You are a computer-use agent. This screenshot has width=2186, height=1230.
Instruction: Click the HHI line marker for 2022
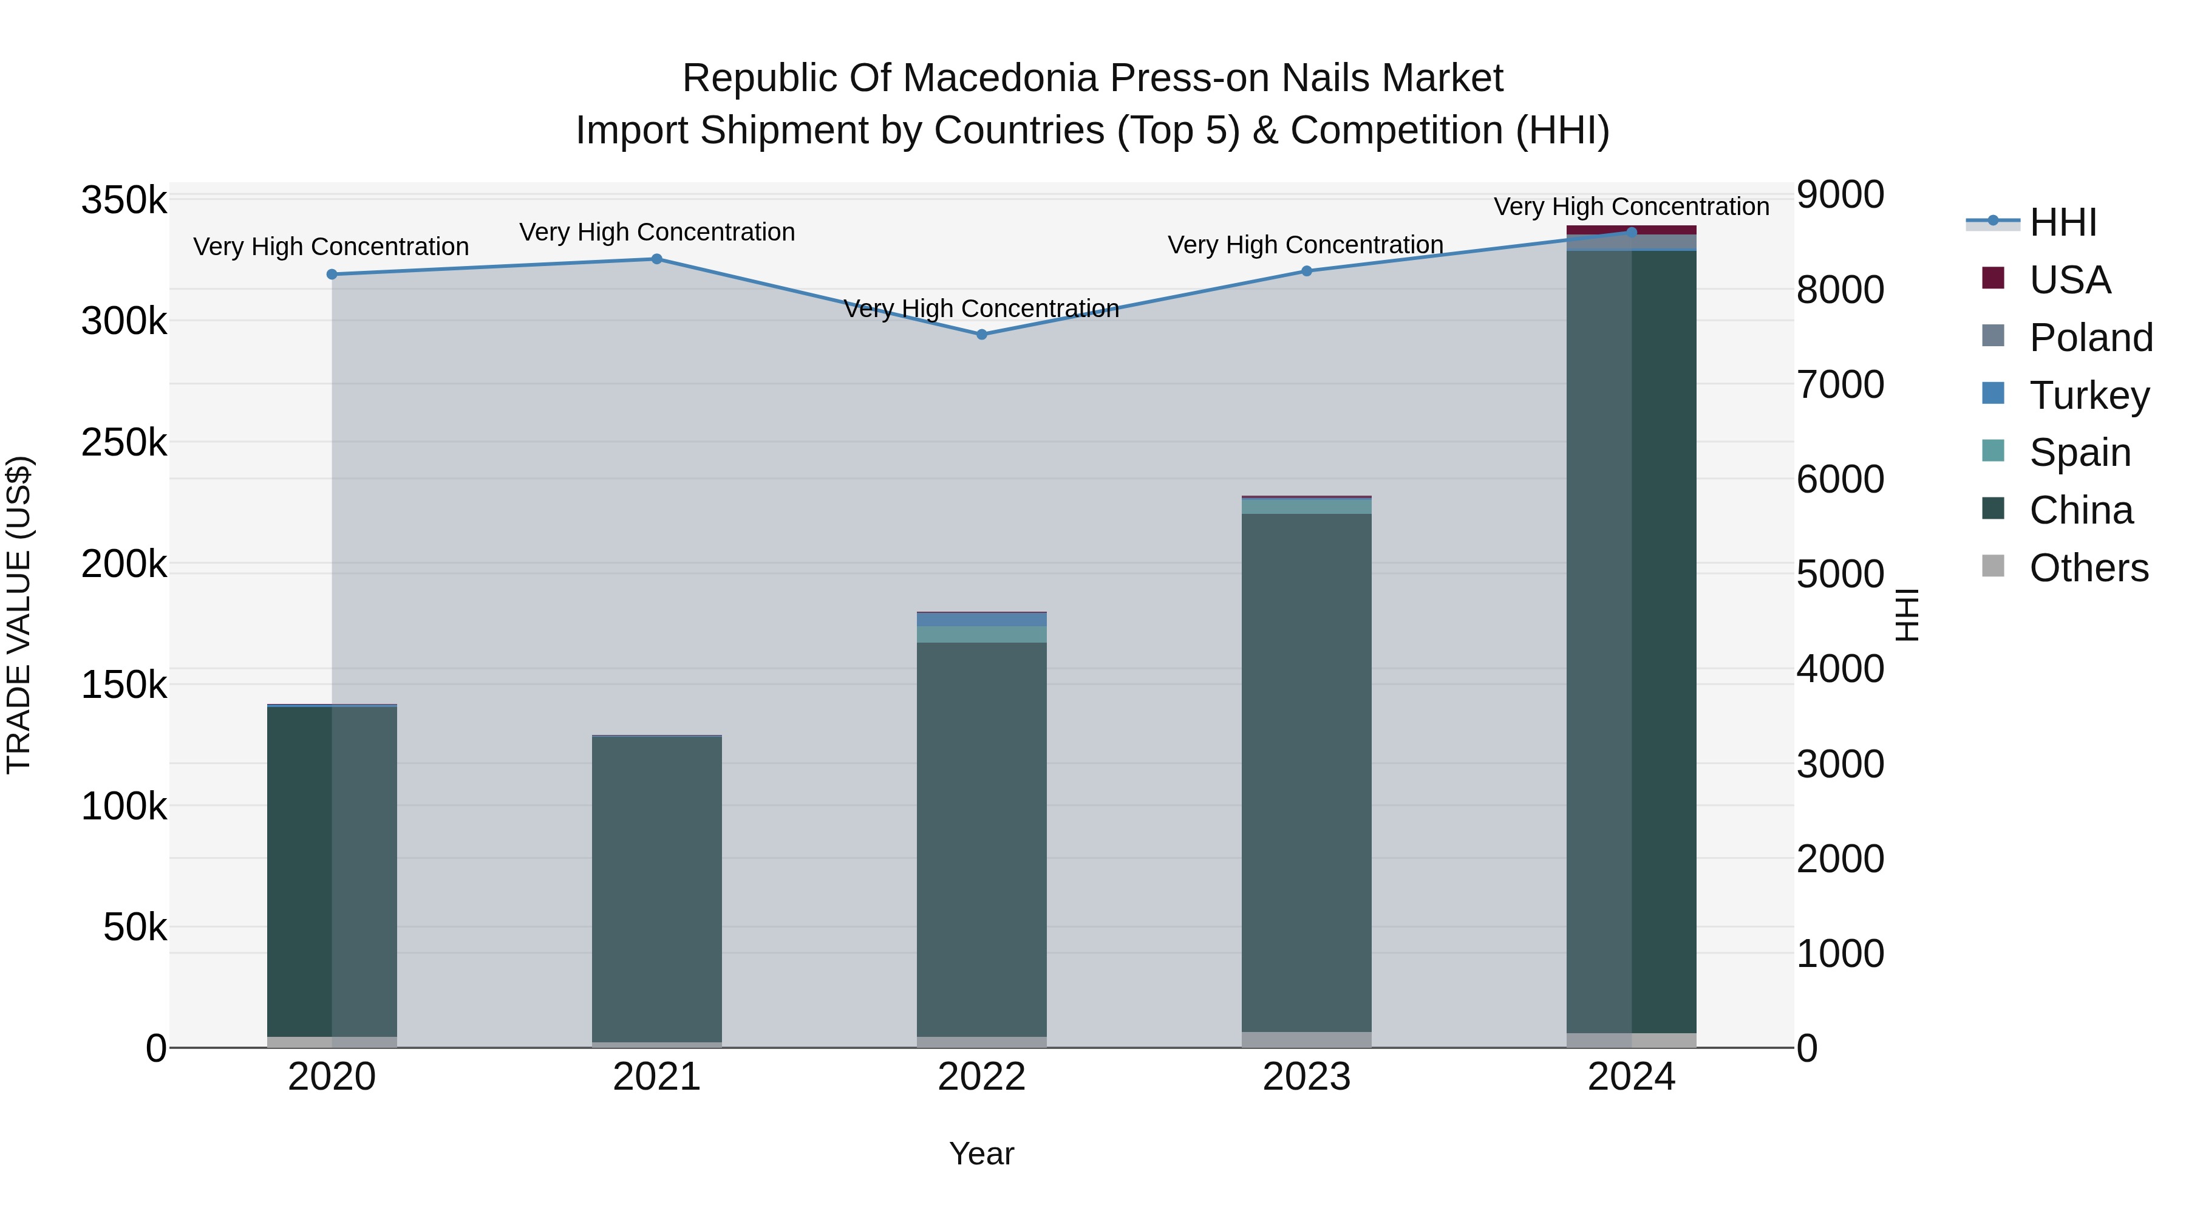[x=982, y=335]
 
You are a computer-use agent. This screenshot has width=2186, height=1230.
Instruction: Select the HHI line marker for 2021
[x=657, y=259]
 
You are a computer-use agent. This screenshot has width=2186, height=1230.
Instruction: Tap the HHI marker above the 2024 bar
[x=1631, y=232]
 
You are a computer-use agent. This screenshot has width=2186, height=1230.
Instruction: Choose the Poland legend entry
[x=2091, y=338]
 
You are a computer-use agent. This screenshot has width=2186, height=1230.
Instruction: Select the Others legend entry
[x=2088, y=568]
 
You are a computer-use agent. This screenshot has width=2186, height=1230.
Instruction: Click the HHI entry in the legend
[x=2063, y=222]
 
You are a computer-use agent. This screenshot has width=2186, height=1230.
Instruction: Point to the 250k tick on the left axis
[x=124, y=442]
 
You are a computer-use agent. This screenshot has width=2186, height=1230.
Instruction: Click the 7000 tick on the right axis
[x=1840, y=384]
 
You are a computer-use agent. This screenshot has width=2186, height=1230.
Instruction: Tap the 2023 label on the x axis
[x=1306, y=1077]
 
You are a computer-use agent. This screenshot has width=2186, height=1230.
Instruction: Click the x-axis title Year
[x=982, y=1153]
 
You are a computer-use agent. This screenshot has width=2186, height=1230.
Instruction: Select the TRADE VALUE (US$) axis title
[x=19, y=615]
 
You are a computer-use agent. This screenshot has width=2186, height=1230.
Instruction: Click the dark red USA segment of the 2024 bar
[x=1631, y=230]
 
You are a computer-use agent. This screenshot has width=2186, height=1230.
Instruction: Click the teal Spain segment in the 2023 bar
[x=1306, y=506]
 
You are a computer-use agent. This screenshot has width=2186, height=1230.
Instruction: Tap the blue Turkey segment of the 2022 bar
[x=982, y=620]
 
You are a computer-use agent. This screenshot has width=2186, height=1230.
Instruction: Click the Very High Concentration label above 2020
[x=331, y=247]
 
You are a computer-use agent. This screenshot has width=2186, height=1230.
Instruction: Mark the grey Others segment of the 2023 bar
[x=1306, y=1039]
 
